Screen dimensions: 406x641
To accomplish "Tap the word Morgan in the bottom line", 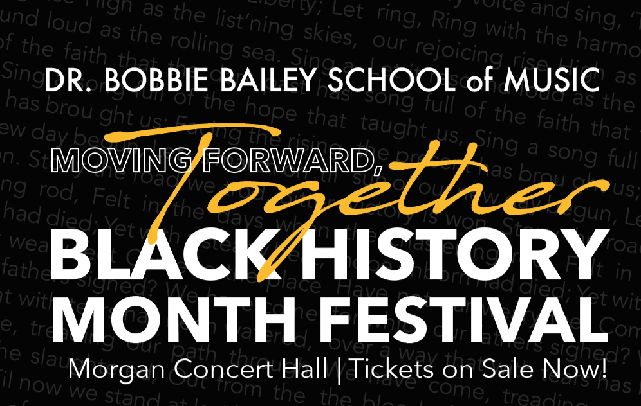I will pyautogui.click(x=107, y=370).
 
